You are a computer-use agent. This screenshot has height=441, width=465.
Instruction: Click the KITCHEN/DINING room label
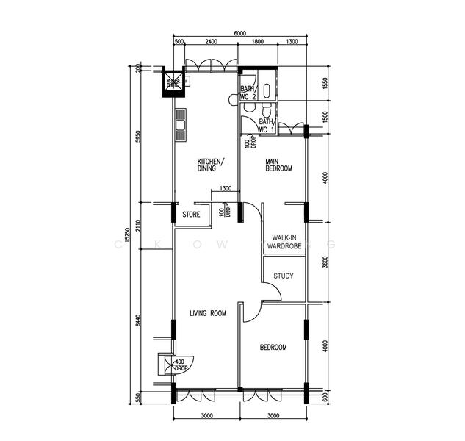[x=211, y=165]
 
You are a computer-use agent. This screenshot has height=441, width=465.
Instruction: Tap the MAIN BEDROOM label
[x=278, y=165]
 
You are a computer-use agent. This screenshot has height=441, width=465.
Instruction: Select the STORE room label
[x=191, y=215]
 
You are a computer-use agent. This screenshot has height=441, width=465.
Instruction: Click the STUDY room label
[x=284, y=276]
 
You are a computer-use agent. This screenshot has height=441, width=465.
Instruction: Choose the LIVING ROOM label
[x=208, y=314]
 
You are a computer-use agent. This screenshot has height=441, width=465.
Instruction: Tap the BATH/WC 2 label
[x=248, y=93]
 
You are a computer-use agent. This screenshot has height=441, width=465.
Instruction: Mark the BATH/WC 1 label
[x=265, y=126]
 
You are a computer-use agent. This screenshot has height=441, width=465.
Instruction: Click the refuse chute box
[x=174, y=83]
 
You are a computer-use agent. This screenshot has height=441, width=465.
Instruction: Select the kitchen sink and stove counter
[x=180, y=125]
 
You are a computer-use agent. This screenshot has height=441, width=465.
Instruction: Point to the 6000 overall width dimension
[x=240, y=33]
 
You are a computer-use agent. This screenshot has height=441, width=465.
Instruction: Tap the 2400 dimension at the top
[x=211, y=42]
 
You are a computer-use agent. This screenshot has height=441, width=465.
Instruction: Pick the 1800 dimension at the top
[x=258, y=42]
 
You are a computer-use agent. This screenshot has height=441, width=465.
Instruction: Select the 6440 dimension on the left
[x=138, y=321]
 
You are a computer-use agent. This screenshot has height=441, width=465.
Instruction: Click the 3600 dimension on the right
[x=325, y=262]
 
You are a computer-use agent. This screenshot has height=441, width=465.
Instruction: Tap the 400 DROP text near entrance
[x=179, y=365]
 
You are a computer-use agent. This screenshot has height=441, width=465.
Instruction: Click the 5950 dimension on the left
[x=138, y=137]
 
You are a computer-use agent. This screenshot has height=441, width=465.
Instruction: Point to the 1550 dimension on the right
[x=325, y=85]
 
